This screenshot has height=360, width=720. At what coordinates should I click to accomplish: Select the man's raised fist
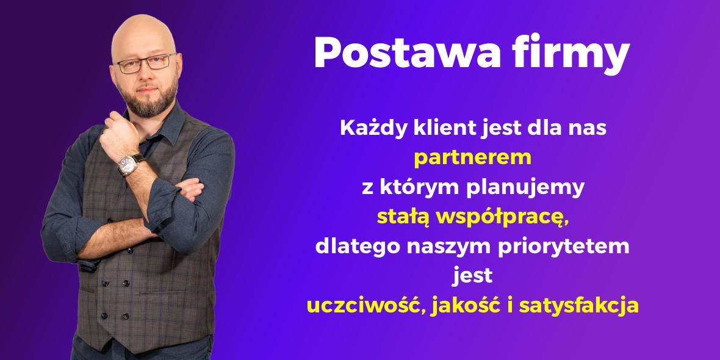coord(120,132)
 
